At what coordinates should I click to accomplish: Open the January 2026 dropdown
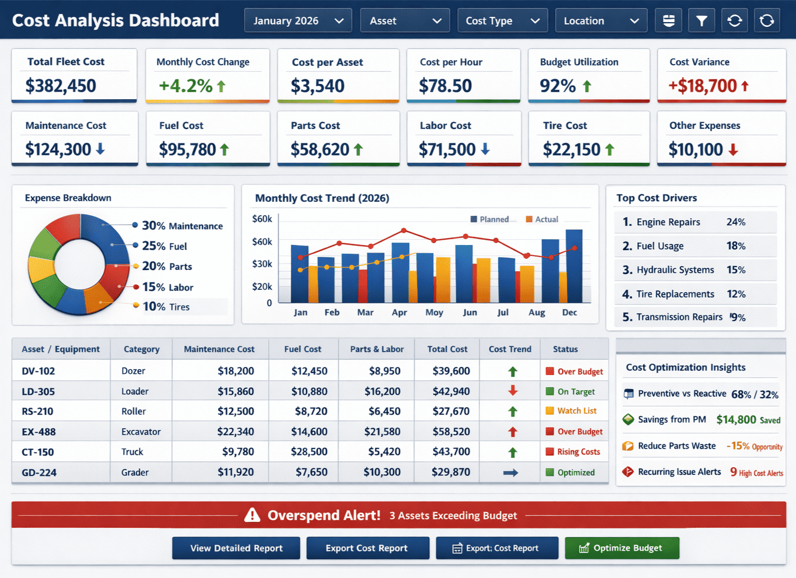tap(298, 21)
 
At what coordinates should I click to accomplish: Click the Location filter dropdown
tap(600, 21)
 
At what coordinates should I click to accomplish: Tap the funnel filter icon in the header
tap(701, 21)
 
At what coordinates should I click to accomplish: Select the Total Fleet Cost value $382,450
tap(61, 86)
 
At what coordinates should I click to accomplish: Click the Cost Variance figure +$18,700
tap(703, 86)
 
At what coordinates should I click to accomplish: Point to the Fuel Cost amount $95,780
tap(187, 150)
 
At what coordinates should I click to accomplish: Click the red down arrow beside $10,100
tap(734, 150)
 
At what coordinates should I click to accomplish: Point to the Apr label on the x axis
tap(399, 313)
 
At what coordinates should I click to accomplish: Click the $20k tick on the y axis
tap(262, 286)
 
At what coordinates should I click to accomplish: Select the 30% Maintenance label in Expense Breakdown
tap(182, 226)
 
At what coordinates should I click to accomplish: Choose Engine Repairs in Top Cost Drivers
tap(668, 222)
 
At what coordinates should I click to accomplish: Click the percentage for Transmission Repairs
tap(738, 317)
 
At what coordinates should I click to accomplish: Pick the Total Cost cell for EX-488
tap(451, 432)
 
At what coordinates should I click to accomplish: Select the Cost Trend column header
tap(510, 349)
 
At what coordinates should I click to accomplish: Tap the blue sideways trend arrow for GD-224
tap(510, 472)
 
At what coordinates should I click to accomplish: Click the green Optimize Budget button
tap(621, 548)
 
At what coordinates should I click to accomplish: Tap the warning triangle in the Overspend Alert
tap(252, 515)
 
